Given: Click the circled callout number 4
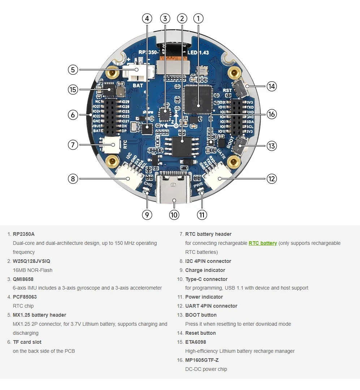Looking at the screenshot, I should click(147, 18).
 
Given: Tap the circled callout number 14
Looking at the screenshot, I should click(271, 86).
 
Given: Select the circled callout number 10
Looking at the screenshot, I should click(174, 215).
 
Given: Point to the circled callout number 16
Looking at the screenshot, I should click(271, 114).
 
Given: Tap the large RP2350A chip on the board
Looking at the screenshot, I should click(197, 100).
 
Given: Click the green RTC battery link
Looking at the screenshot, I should click(262, 243).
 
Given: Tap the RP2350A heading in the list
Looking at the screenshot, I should click(23, 234).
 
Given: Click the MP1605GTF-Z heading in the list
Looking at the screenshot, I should click(202, 360).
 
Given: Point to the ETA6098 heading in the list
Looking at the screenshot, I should click(196, 342).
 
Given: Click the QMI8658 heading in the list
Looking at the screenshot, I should click(23, 279).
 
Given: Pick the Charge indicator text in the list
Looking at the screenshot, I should click(205, 270).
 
